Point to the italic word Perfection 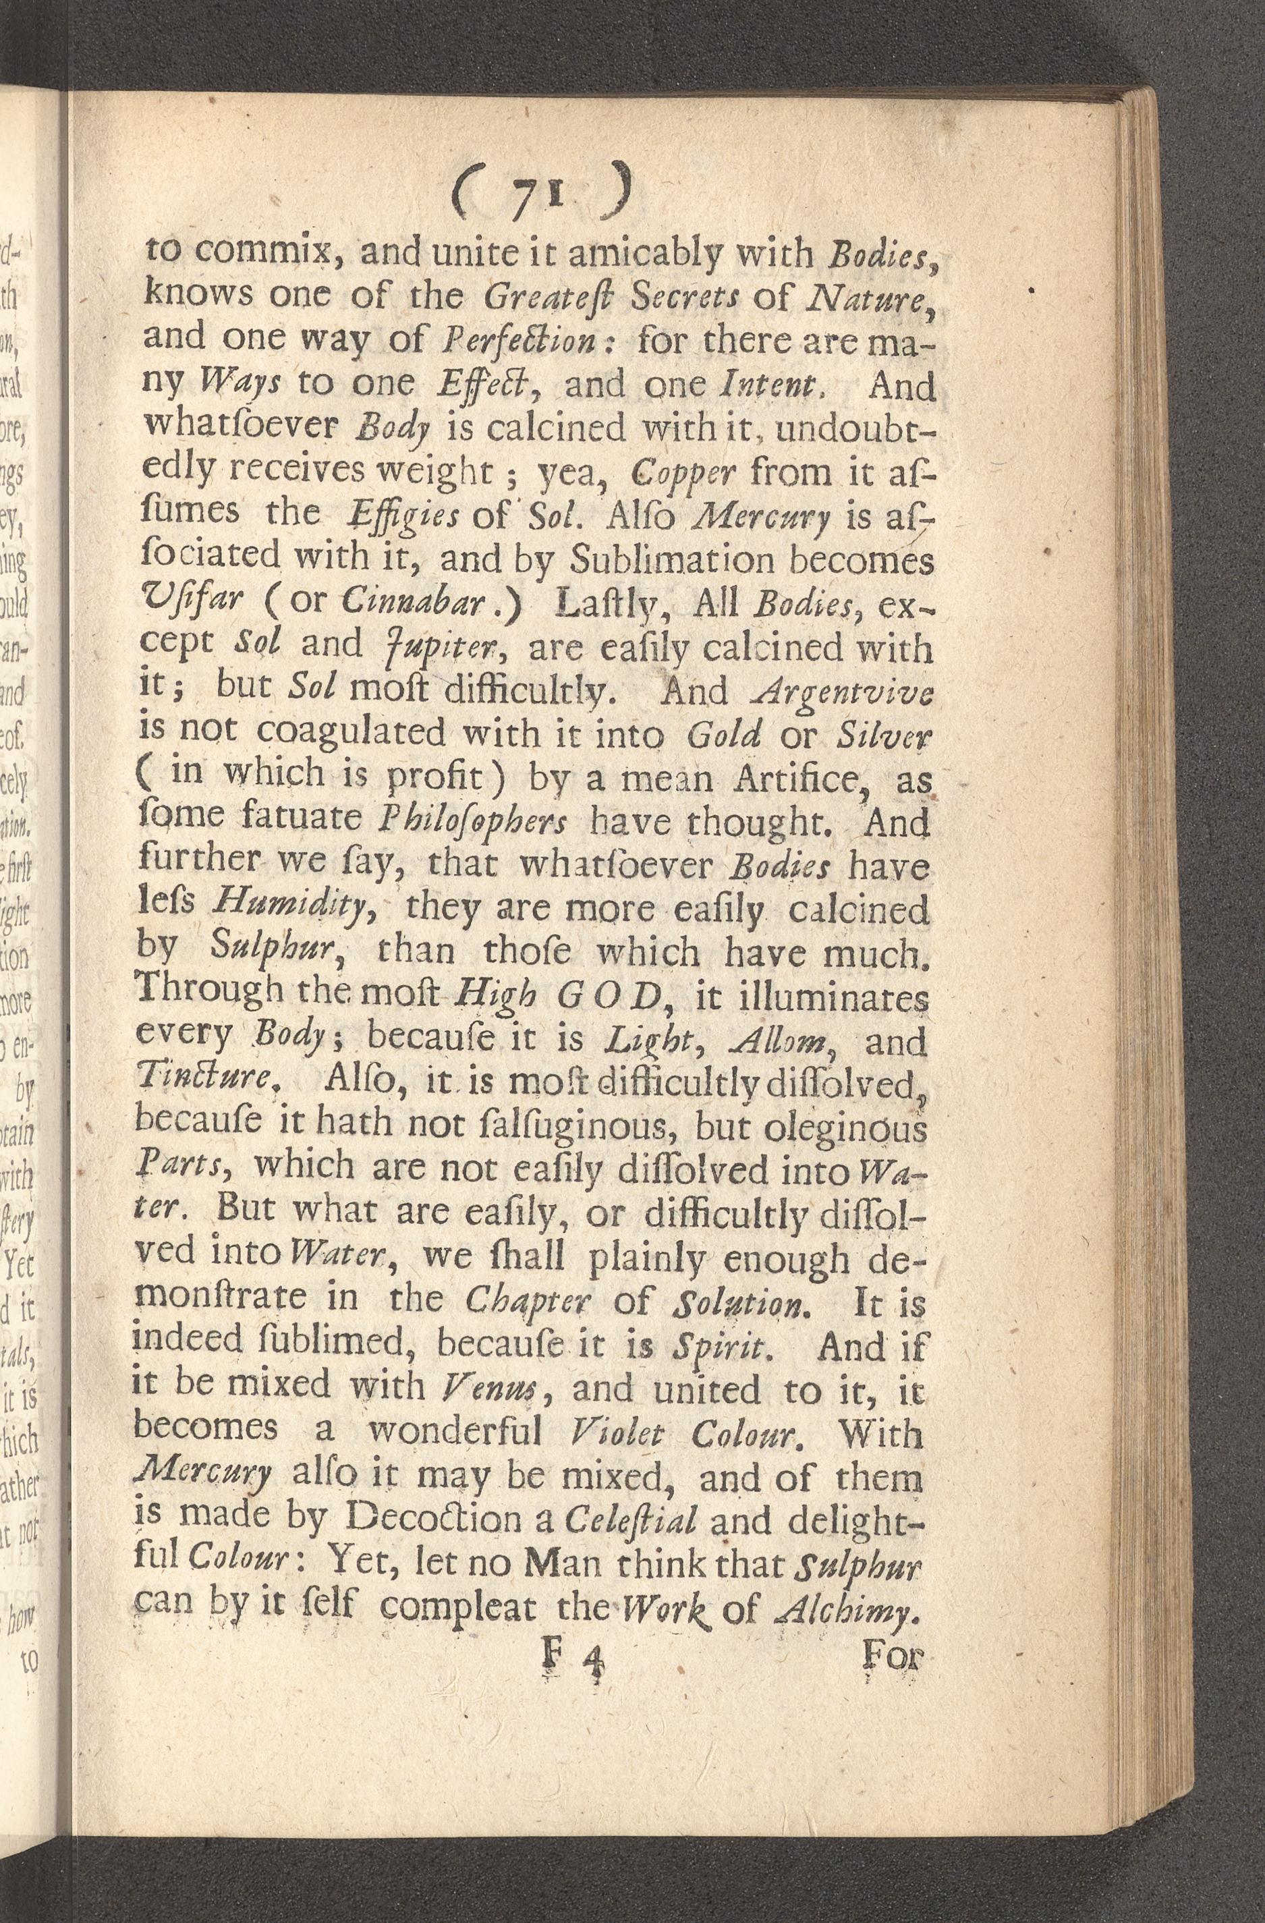(531, 343)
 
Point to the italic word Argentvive (841, 691)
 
